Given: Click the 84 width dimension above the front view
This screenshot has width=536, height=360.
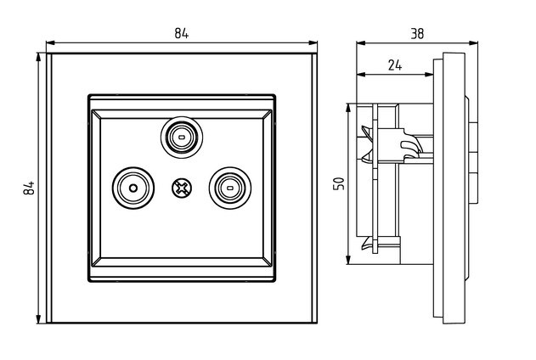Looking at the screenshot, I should click(x=181, y=33).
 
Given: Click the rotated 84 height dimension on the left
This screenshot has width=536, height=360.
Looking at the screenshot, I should click(x=27, y=188).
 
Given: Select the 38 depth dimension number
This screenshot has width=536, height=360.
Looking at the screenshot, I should click(x=417, y=34).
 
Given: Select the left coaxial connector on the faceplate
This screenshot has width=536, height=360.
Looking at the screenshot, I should click(x=133, y=187).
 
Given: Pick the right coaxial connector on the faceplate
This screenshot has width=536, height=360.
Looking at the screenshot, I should click(x=228, y=186).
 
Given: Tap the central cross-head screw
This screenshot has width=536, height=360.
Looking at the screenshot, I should click(x=181, y=187).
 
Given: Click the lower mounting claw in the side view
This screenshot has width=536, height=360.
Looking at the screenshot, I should click(x=367, y=244).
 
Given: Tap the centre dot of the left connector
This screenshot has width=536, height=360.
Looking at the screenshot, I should click(x=133, y=187).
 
